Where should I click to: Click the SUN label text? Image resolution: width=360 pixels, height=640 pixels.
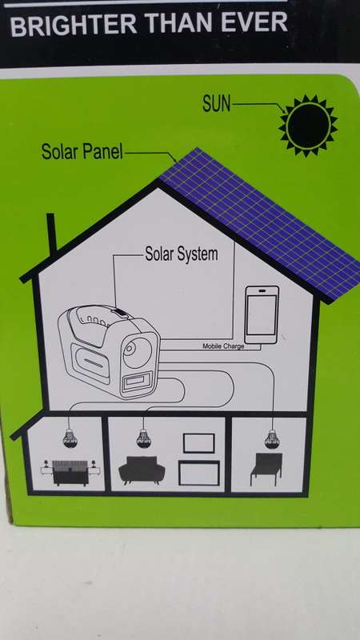216,104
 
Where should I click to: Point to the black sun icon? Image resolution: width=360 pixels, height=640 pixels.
308,126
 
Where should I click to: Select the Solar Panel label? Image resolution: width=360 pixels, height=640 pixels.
82,151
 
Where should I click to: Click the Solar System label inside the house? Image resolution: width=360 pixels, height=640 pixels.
182,254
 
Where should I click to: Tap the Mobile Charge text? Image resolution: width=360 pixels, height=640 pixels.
223,346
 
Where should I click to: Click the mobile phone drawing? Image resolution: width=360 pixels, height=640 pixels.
262,314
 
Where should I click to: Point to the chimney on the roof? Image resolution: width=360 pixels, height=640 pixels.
51,234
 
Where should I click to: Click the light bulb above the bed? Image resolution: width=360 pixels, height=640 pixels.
70,438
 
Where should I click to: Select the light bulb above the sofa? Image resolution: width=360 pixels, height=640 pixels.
143,438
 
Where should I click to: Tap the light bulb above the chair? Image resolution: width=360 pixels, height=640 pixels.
271,439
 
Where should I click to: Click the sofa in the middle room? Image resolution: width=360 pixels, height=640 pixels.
142,470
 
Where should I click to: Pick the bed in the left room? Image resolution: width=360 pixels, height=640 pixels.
70,473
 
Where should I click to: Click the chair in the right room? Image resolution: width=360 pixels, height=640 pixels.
266,469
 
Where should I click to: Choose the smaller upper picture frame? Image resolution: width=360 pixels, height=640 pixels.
198,443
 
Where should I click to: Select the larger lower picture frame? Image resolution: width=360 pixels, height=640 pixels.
198,473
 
